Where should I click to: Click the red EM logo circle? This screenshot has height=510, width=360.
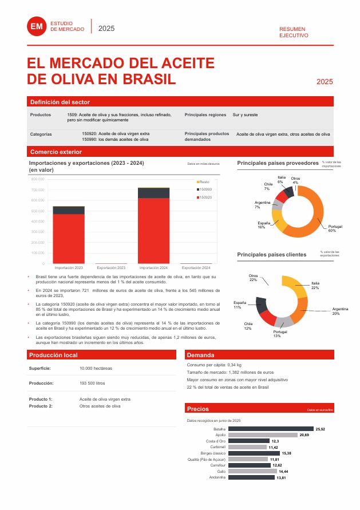[x=37, y=26]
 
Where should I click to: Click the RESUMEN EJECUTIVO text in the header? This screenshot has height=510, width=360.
[x=293, y=31]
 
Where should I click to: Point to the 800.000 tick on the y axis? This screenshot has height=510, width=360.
[x=37, y=179]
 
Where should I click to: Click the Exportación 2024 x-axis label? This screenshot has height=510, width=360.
[x=196, y=268]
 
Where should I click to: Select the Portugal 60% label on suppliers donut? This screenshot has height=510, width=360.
[x=335, y=229]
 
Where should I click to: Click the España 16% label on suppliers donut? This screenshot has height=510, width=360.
[x=264, y=225]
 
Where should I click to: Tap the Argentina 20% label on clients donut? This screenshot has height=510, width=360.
[x=339, y=311]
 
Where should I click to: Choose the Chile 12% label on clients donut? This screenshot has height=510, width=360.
[x=248, y=326]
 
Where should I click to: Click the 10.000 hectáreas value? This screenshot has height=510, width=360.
[x=96, y=368]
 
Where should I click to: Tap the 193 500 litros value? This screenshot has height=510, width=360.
[x=92, y=383]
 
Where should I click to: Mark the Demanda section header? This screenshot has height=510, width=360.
[x=200, y=355]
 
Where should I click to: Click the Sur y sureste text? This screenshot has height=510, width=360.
[x=245, y=115]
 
